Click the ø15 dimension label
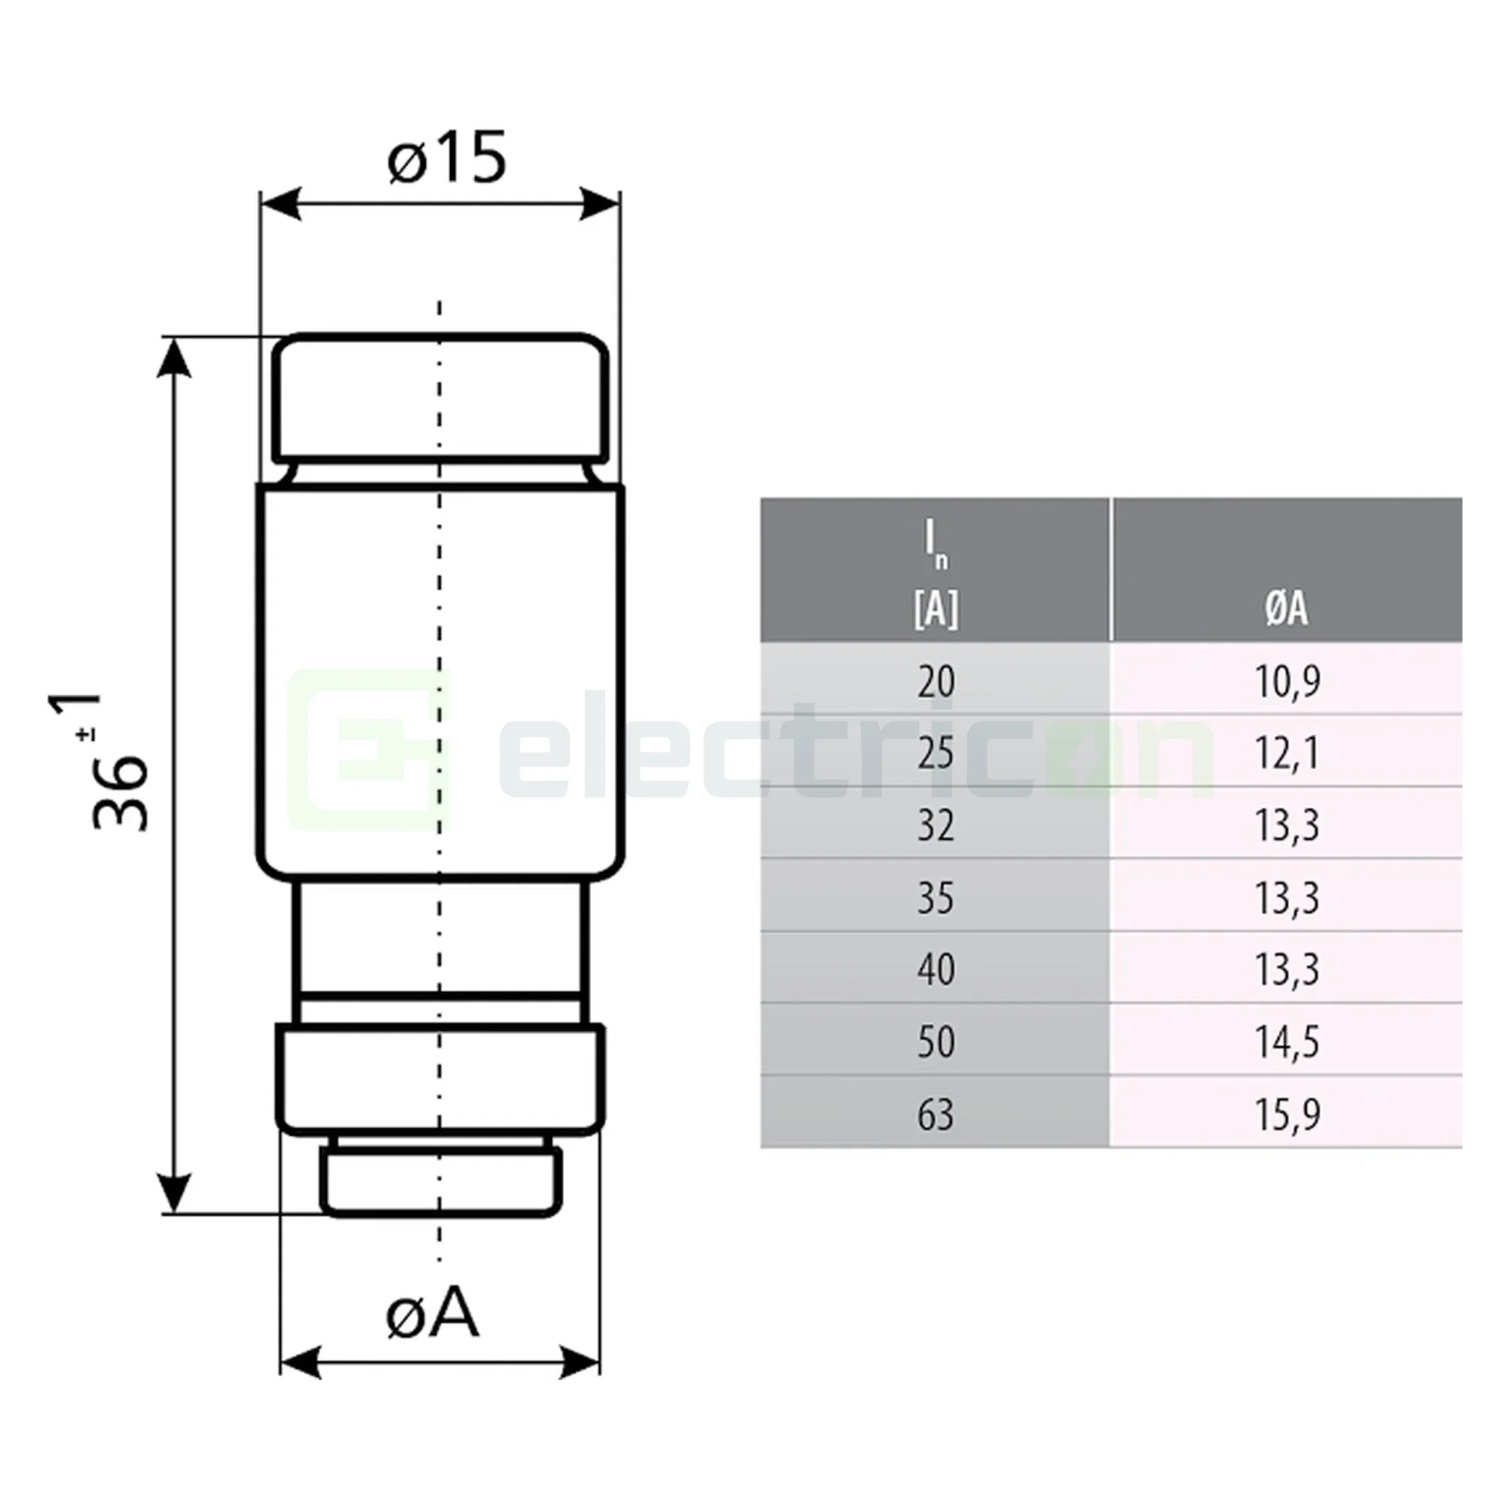(446, 158)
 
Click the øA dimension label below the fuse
(432, 1313)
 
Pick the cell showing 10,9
(1286, 681)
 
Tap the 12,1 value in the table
(1286, 753)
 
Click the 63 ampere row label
(934, 1114)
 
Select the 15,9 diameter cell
(1286, 1114)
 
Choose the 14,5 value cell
(1286, 1042)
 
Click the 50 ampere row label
(934, 1042)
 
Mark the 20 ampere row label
(934, 682)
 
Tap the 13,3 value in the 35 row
(1286, 898)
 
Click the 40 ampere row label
(934, 970)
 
